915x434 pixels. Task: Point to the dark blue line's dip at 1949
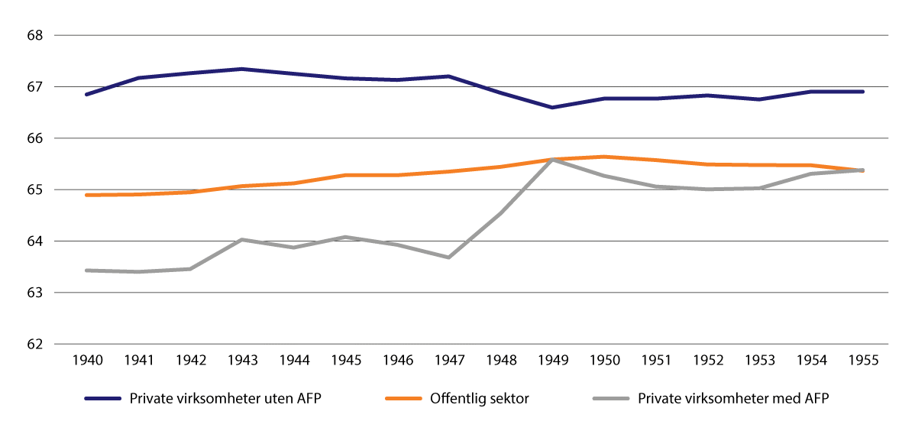(552, 108)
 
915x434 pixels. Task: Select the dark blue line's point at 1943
(242, 69)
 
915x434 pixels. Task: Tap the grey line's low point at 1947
(449, 257)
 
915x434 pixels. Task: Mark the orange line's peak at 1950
(604, 157)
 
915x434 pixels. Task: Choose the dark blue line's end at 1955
(862, 92)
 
